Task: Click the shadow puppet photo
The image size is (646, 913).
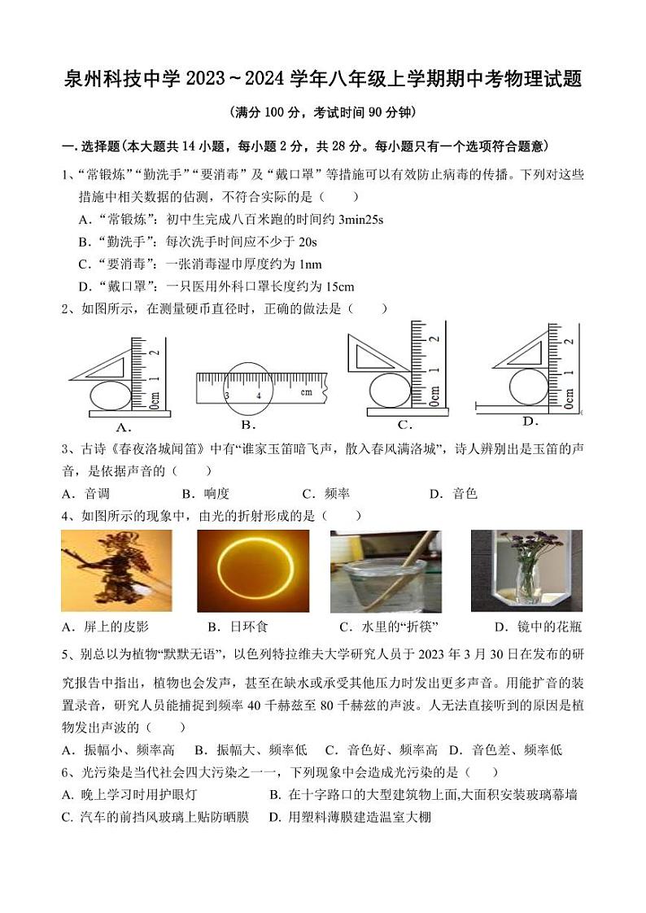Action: [116, 570]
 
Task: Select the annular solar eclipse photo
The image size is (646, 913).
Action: [253, 570]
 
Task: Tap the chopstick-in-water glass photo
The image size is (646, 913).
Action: [386, 570]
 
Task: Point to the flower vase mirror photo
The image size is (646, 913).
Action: [526, 570]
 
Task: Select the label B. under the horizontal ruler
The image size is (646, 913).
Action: [249, 425]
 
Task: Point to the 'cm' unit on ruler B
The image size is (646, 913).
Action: [306, 392]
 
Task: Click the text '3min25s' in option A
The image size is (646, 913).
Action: [360, 219]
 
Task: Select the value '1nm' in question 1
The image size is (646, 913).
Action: [310, 264]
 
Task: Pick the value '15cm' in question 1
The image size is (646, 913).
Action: [339, 286]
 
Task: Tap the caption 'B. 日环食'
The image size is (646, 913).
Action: [238, 627]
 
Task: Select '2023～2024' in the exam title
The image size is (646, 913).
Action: [232, 80]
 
